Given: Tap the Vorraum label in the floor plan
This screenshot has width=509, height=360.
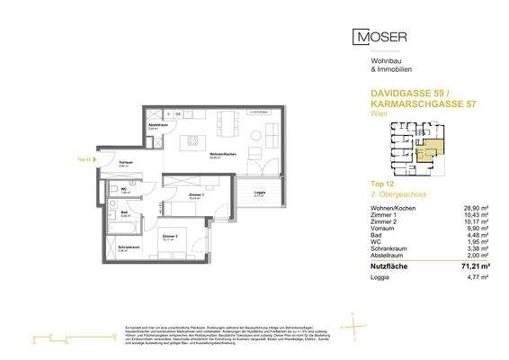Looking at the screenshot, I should pos(126,163).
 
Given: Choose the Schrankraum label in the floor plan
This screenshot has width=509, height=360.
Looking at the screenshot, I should pos(128,247).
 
